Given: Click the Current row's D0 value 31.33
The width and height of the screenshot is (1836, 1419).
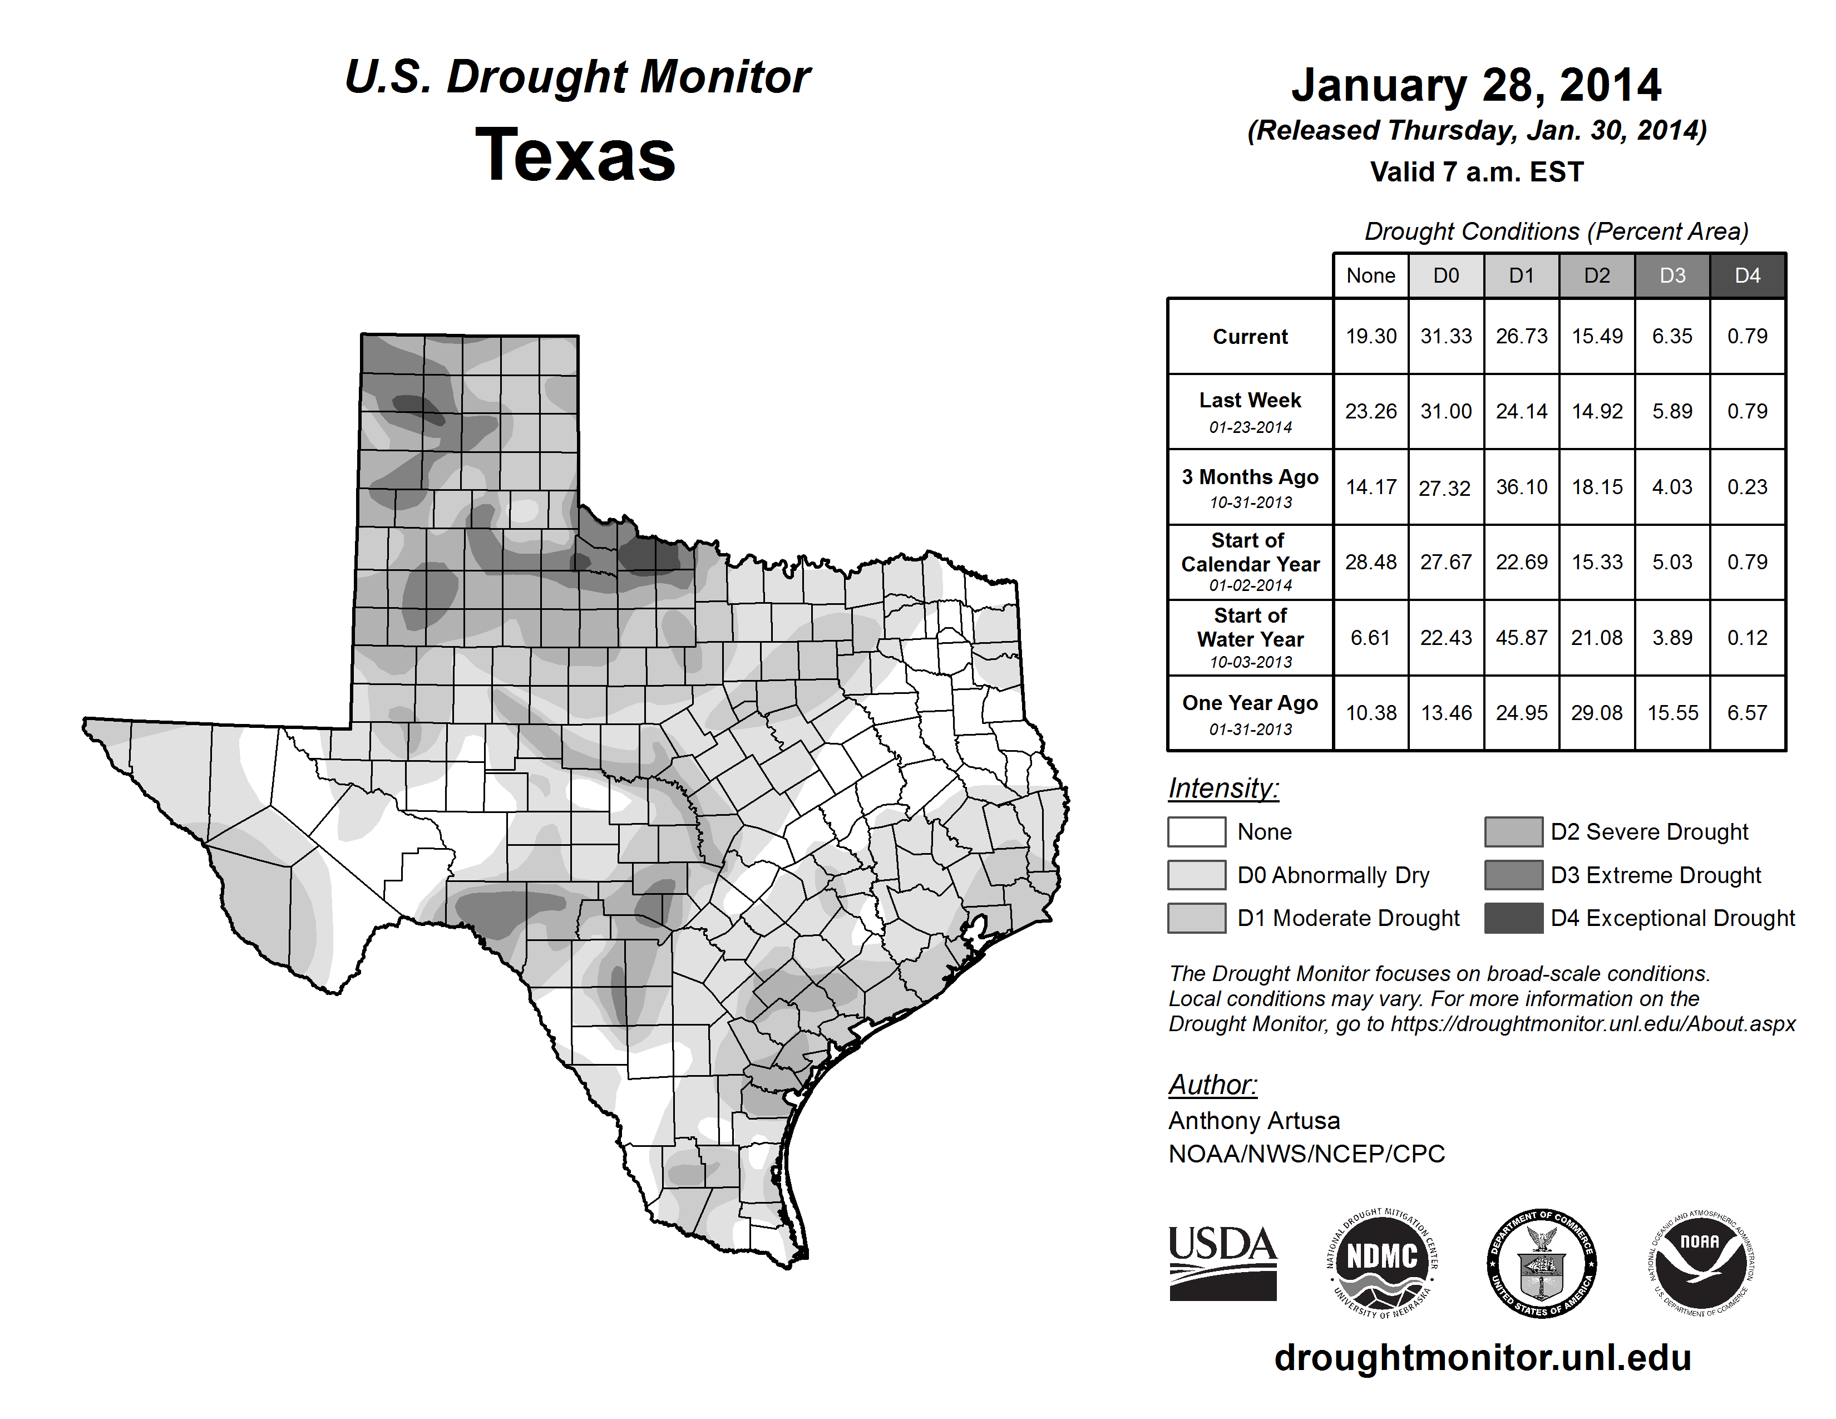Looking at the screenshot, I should [x=1446, y=336].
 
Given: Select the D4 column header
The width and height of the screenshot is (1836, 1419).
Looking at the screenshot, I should [x=1747, y=275].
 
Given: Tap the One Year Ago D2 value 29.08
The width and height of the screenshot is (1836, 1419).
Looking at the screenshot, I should [x=1596, y=713].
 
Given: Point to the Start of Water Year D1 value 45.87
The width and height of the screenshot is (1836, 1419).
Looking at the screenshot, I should [x=1522, y=638].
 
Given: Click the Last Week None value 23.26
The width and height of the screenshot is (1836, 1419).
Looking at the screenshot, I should [x=1370, y=411].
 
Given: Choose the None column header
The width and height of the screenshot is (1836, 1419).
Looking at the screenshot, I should [x=1370, y=275].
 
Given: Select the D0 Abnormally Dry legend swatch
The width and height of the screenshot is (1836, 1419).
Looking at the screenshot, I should [x=1196, y=875].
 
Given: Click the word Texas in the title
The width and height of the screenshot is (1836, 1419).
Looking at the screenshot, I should [x=575, y=155].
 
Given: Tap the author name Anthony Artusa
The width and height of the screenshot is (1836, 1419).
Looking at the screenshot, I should [x=1253, y=1121].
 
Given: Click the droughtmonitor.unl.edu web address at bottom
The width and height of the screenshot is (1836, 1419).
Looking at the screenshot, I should [x=1482, y=1358].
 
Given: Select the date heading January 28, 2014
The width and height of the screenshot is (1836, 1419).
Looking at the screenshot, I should [x=1476, y=85].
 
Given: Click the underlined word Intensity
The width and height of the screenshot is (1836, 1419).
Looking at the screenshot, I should [x=1223, y=789].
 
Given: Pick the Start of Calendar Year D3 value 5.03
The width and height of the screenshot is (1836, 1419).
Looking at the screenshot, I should [x=1672, y=561].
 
